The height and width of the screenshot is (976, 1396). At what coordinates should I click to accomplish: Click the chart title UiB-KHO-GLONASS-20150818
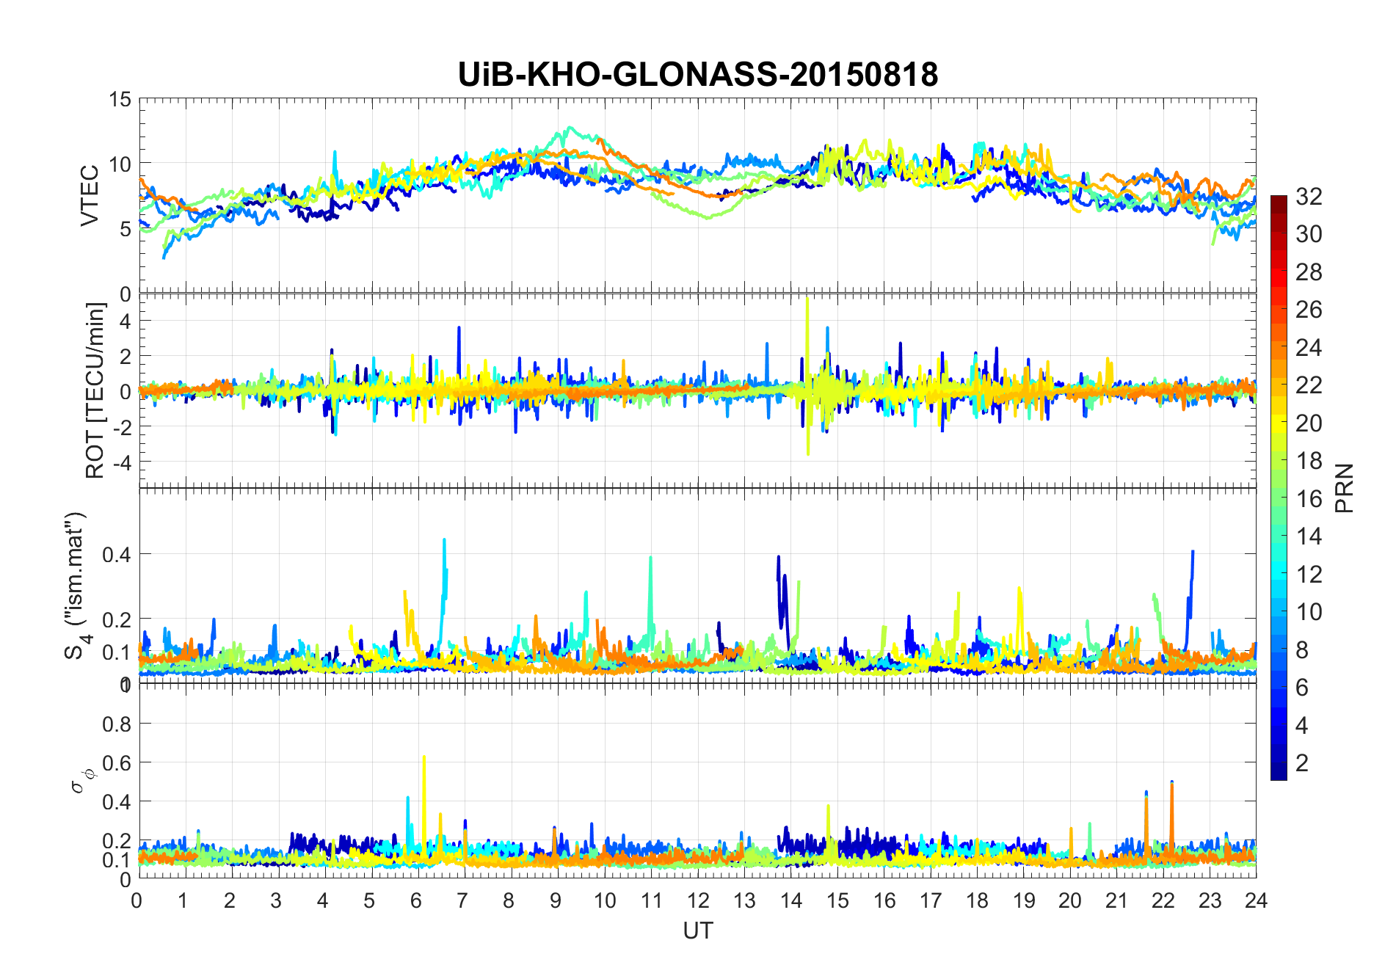coord(697,75)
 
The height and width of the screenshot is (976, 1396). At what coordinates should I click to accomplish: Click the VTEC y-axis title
coord(89,196)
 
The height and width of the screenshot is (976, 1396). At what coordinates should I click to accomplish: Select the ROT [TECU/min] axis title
coord(95,390)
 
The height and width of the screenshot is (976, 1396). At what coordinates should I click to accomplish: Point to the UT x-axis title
coord(697,931)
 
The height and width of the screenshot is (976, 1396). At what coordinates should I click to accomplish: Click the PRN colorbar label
coord(1344,488)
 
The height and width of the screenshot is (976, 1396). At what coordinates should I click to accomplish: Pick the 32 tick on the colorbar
coord(1309,196)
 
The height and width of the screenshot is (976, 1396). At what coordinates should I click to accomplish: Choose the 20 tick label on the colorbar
coord(1309,423)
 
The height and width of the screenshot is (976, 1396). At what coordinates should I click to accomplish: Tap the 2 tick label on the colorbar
coord(1302,762)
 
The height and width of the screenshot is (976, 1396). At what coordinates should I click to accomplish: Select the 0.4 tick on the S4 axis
coord(116,554)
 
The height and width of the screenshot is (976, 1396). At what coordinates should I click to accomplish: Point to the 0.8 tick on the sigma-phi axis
coord(116,724)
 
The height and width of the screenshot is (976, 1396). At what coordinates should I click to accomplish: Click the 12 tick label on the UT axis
coord(697,900)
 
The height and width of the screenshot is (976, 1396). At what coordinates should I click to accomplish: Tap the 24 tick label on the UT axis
coord(1256,900)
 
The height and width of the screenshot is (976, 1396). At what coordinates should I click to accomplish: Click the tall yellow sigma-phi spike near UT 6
coord(423,758)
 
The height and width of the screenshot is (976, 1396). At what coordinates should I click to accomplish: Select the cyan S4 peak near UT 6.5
coord(444,541)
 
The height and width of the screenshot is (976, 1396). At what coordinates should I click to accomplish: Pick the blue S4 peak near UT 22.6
coord(1193,552)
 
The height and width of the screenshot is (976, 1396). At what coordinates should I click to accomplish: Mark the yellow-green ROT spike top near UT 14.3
coord(807,299)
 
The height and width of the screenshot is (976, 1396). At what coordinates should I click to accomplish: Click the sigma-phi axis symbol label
coord(79,780)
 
